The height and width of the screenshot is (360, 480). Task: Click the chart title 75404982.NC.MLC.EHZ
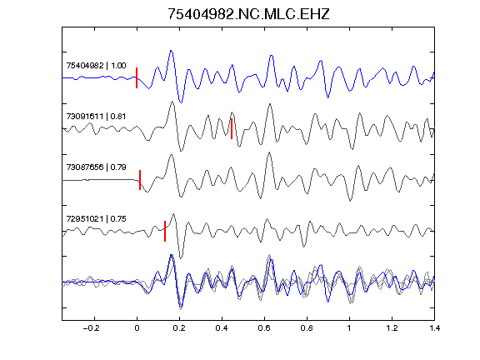[248, 14]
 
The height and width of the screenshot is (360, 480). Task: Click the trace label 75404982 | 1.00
[96, 66]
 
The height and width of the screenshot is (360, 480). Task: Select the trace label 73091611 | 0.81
[96, 117]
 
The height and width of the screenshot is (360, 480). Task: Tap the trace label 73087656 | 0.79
[96, 167]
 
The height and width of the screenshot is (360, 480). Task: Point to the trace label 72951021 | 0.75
[96, 219]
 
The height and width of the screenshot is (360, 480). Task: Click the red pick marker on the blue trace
[137, 78]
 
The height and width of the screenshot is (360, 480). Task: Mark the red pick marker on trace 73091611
[232, 129]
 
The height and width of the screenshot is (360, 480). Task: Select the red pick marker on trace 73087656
[140, 180]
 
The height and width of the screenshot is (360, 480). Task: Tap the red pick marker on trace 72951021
[165, 231]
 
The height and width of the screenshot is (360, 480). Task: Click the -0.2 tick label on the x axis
[91, 328]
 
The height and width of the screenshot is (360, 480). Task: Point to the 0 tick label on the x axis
[137, 328]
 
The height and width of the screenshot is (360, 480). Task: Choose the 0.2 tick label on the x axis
[179, 328]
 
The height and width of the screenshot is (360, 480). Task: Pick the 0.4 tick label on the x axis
[222, 328]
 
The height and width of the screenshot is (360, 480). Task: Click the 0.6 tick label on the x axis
[264, 328]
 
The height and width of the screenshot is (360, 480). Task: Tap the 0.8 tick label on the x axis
[307, 328]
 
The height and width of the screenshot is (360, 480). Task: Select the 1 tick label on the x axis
[349, 328]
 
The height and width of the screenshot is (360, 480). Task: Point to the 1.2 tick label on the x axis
[392, 328]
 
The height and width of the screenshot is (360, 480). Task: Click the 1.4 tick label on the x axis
[434, 328]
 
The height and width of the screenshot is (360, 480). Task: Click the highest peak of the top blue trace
[171, 51]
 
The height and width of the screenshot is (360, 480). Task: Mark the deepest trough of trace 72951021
[181, 258]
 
